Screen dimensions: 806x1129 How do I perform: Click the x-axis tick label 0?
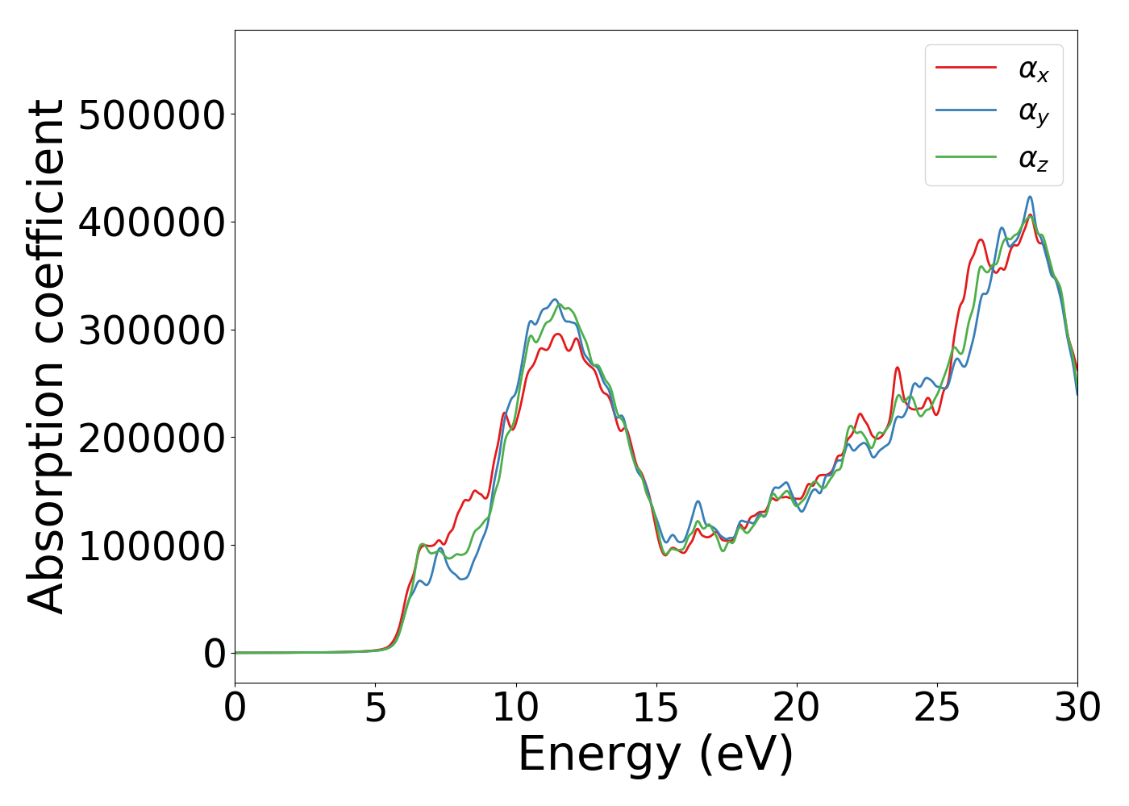coord(235,708)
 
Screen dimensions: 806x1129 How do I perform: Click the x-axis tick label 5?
coord(375,708)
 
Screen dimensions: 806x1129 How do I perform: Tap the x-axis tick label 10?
coord(515,708)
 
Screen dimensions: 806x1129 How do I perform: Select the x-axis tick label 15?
coord(656,708)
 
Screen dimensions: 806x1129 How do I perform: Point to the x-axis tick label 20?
coord(796,708)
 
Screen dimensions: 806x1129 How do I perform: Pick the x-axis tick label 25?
coord(936,708)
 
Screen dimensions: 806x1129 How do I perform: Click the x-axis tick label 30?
coord(1077,708)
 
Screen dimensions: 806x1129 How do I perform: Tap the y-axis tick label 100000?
coord(151,546)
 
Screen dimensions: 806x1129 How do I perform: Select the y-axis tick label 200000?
coord(151,438)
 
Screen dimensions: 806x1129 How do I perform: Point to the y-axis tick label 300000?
coord(151,330)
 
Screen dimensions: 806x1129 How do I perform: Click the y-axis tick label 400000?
coord(151,222)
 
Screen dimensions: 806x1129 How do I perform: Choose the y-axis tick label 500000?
coord(151,114)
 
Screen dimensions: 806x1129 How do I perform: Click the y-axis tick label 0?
coord(214,654)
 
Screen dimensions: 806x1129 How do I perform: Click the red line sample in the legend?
coord(966,68)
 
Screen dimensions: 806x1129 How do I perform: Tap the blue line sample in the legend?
coord(966,112)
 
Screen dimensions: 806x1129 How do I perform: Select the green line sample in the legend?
coord(966,156)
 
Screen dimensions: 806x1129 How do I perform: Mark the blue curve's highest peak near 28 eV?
coord(1030,197)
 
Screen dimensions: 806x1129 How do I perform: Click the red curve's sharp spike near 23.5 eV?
coord(897,368)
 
